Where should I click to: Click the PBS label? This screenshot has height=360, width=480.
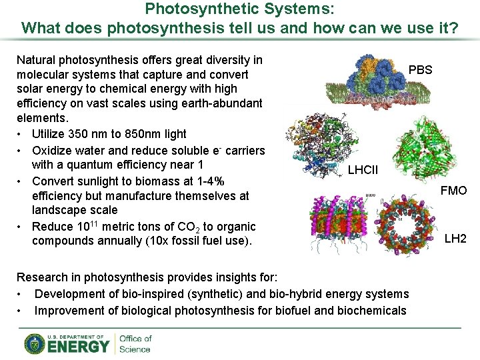[x=420, y=70]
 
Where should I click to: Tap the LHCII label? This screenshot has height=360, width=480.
[x=363, y=170]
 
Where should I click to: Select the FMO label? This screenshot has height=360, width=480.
[x=454, y=191]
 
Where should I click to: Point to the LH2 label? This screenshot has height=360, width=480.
[x=455, y=239]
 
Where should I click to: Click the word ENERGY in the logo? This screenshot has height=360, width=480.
[x=78, y=347]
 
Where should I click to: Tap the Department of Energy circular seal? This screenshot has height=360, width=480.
[x=35, y=344]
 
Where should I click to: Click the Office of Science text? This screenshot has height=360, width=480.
[x=135, y=344]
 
